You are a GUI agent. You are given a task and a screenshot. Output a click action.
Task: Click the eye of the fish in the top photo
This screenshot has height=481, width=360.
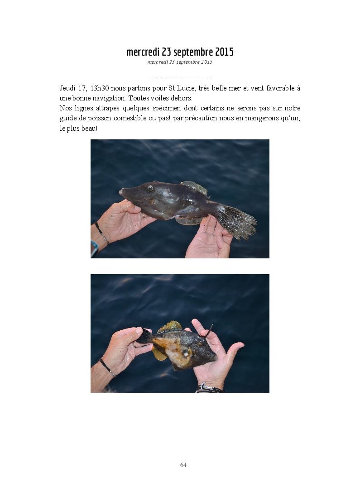150,188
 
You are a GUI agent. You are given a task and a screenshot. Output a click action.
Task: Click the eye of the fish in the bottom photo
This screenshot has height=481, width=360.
200,344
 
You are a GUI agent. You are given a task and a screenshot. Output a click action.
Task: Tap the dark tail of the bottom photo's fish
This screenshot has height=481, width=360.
144,336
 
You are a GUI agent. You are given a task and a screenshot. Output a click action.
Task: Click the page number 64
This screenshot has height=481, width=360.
183,465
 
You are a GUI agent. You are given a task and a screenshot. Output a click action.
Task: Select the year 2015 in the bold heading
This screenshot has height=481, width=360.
224,52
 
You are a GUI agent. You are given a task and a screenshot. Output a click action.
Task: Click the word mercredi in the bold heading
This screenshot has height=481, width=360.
143,52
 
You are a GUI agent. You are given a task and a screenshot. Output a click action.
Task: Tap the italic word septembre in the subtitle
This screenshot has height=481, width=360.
188,62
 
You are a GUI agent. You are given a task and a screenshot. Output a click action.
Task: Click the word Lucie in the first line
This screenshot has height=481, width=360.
186,88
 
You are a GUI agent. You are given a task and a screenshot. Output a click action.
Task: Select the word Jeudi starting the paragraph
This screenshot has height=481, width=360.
67,88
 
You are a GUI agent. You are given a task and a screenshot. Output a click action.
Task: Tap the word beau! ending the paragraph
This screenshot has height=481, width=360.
90,128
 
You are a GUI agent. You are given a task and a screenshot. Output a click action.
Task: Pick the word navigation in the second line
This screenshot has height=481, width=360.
110,99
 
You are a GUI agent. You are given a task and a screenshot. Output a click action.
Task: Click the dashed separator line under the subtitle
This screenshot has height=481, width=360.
180,79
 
